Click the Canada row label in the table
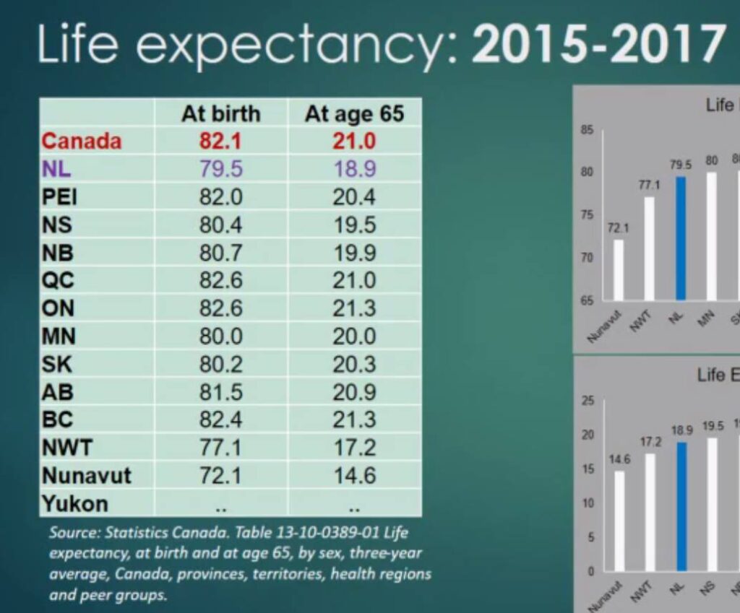pos(81,141)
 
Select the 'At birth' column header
pos(220,113)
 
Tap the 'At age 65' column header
pos(354,113)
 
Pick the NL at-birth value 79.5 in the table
pos(220,169)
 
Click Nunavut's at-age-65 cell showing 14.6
pos(354,475)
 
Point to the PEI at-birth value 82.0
pos(220,197)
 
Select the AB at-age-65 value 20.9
pos(354,392)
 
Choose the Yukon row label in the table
pos(74,503)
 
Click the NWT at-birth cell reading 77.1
pos(220,448)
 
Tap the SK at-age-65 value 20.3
pos(354,364)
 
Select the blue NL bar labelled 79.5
pos(680,238)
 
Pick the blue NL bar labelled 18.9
pos(680,507)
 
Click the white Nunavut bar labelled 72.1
pos(618,269)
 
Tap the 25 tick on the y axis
pos(588,401)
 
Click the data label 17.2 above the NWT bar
pos(650,441)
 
